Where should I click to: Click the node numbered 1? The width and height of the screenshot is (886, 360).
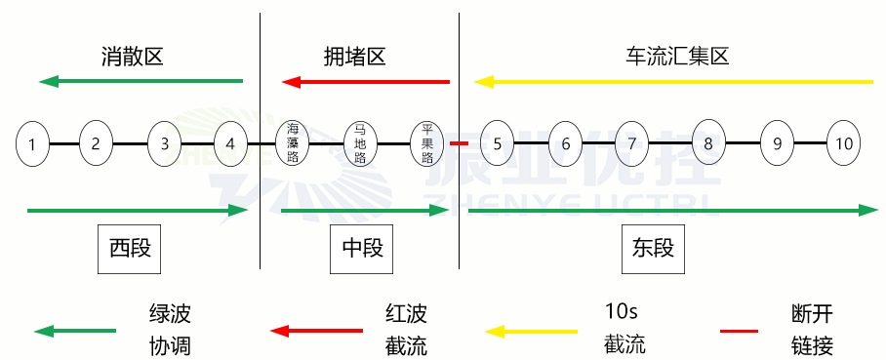click(33, 144)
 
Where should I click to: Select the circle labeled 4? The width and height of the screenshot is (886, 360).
click(230, 144)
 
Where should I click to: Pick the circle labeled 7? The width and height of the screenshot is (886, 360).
click(632, 144)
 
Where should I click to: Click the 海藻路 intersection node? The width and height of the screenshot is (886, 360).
click(293, 144)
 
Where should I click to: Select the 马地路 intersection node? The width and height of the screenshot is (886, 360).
click(360, 144)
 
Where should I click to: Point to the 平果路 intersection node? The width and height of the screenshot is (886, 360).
click(427, 144)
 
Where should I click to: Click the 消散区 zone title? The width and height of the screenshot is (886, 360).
click(132, 57)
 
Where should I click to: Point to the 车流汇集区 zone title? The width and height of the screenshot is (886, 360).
click(677, 57)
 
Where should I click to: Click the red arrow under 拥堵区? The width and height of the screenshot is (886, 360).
click(366, 82)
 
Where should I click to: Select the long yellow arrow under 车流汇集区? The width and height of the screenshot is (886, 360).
click(673, 82)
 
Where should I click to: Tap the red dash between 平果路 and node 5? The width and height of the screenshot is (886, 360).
click(460, 144)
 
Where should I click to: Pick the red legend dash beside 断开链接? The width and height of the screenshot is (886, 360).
click(739, 332)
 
